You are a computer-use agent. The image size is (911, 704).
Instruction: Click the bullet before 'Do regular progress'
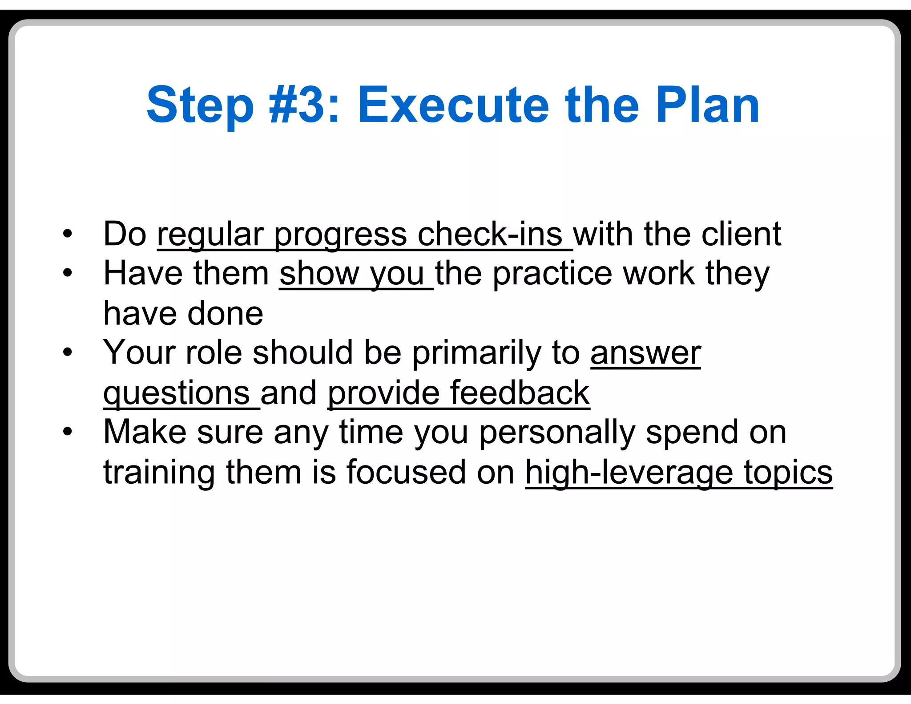(67, 233)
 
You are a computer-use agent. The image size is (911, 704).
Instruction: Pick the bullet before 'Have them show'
(67, 272)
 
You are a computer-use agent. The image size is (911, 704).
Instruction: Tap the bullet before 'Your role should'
(67, 352)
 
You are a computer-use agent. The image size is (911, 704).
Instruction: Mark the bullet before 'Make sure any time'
(67, 431)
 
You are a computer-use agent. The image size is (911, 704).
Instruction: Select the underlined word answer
(645, 353)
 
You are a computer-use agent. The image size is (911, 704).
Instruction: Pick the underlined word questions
(176, 393)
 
